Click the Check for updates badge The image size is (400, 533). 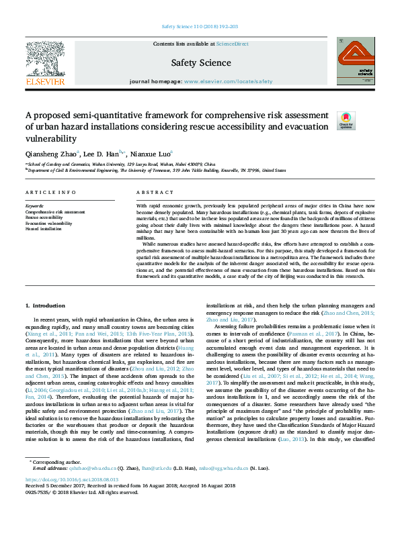pyautogui.click(x=346, y=120)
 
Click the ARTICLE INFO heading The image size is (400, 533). pyautogui.click(x=49, y=193)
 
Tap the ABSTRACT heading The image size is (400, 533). pyautogui.click(x=151, y=193)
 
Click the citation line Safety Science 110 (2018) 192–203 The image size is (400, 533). pyautogui.click(x=200, y=28)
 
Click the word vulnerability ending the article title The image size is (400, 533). pyautogui.click(x=51, y=138)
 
